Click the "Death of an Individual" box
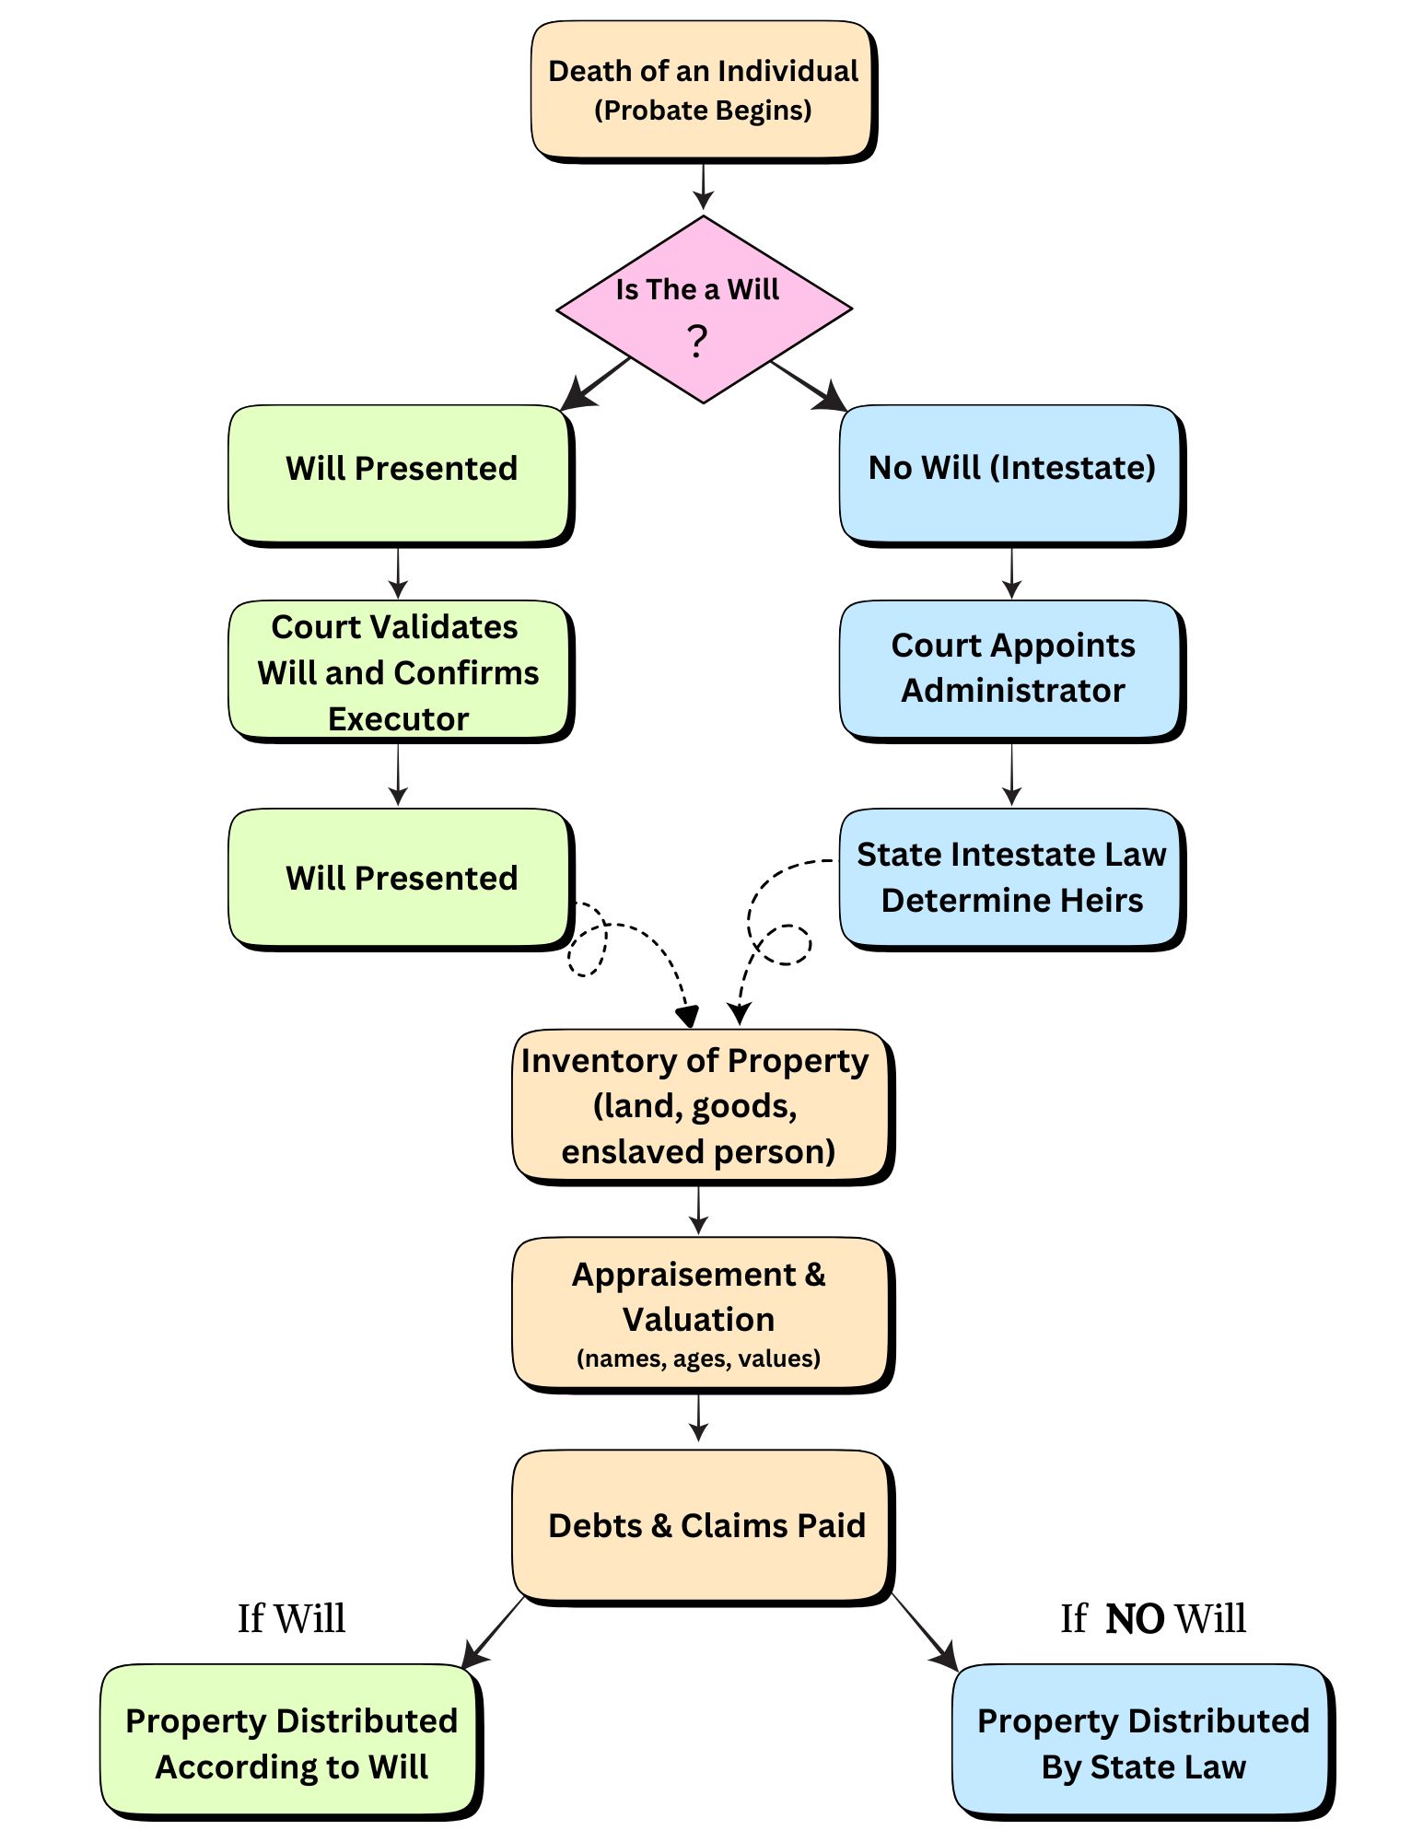click(702, 89)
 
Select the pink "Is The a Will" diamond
click(704, 309)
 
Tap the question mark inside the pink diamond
click(697, 342)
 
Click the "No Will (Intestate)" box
click(1010, 472)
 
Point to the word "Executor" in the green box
click(398, 719)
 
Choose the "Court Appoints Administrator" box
click(1010, 669)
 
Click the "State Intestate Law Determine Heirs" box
click(1010, 877)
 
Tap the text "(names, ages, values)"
click(698, 1358)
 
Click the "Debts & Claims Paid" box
click(702, 1525)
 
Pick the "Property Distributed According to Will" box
click(290, 1742)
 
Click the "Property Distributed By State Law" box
click(1142, 1742)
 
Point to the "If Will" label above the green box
click(291, 1618)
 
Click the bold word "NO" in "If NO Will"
click(1134, 1618)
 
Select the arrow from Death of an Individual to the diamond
click(704, 187)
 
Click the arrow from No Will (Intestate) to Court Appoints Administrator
click(1011, 573)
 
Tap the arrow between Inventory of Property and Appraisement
click(698, 1209)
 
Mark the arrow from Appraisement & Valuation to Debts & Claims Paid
click(698, 1417)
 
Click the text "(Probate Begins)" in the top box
click(703, 111)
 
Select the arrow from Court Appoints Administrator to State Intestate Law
click(1011, 775)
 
